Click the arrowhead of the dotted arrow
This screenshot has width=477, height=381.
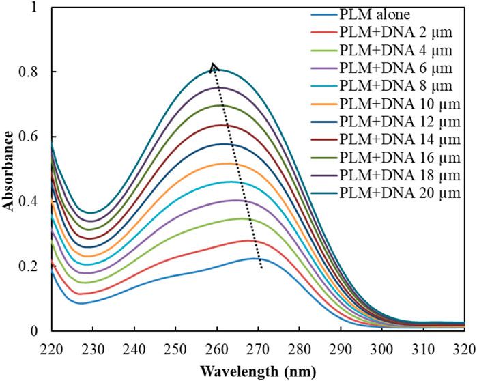tap(214, 66)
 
